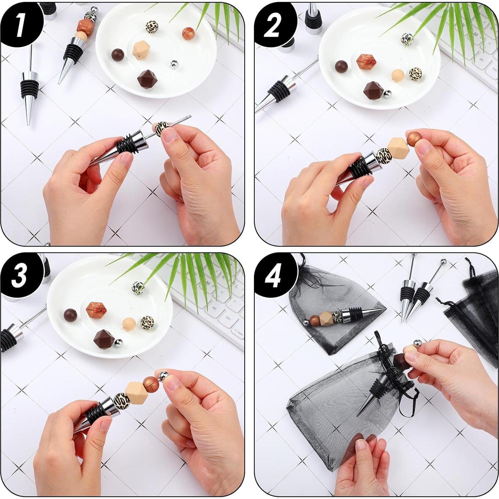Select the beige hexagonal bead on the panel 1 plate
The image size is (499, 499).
(x=141, y=51)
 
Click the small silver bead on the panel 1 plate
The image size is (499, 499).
(x=174, y=64)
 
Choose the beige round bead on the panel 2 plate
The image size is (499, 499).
(x=398, y=75)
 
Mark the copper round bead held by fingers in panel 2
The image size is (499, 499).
(x=413, y=138)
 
